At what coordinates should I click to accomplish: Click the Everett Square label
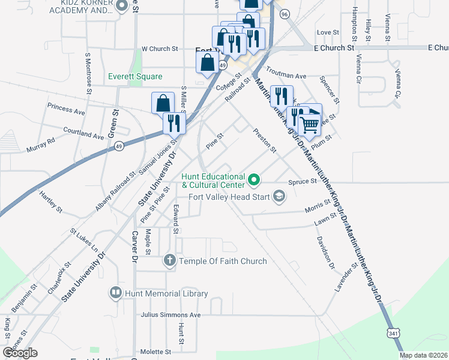coord(135,77)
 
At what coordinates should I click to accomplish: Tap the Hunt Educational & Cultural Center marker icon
coord(254,179)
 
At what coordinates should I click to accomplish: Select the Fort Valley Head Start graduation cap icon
coord(279,196)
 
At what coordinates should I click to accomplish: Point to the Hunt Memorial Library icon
coord(115,293)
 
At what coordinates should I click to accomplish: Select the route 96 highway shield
coord(285,13)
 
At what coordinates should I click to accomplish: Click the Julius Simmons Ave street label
coord(170,314)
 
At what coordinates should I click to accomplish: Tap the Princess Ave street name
coord(66,110)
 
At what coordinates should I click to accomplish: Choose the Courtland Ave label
coord(83,132)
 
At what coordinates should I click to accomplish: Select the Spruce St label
coord(302,181)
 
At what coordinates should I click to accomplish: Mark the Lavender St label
coord(344,275)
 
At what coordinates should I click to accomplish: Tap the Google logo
coord(20,353)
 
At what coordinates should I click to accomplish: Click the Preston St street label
coord(264,140)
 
